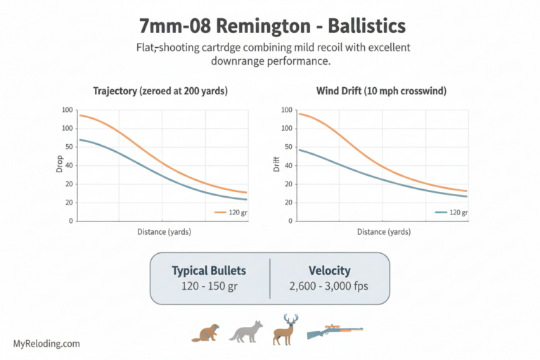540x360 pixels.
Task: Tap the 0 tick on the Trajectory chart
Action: click(x=69, y=221)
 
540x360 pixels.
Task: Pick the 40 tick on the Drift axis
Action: click(x=287, y=165)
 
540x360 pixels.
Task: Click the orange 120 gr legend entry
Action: click(x=230, y=212)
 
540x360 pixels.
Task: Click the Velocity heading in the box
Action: click(x=330, y=271)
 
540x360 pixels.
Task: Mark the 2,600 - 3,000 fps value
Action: click(x=330, y=288)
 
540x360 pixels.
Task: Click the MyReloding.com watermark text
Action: click(x=46, y=344)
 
